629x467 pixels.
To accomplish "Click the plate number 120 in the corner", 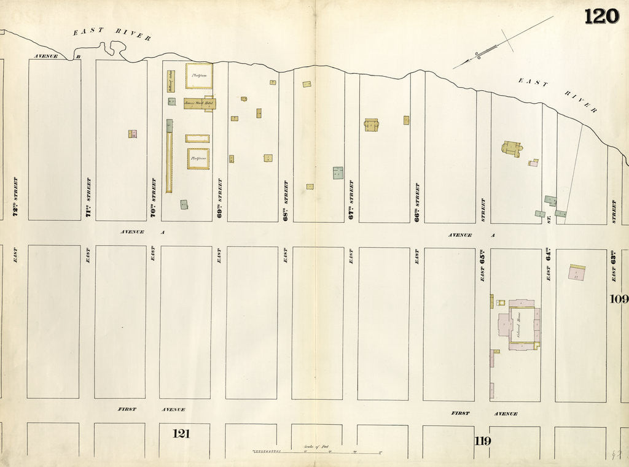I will click(601, 17).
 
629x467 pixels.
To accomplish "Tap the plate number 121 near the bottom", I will click(181, 434).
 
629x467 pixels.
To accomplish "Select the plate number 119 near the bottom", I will click(482, 440).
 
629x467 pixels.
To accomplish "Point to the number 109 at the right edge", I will click(619, 299).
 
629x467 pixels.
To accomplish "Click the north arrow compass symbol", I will click(503, 43).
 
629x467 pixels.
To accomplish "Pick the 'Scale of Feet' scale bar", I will click(317, 452).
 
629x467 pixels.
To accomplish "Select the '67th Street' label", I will click(351, 200).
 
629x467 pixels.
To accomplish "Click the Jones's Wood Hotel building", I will click(199, 103).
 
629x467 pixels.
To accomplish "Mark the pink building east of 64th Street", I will click(576, 272).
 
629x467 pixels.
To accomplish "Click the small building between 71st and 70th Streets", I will click(132, 134).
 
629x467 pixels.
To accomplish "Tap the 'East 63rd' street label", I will click(613, 268).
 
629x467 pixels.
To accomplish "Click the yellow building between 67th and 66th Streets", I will click(372, 125).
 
